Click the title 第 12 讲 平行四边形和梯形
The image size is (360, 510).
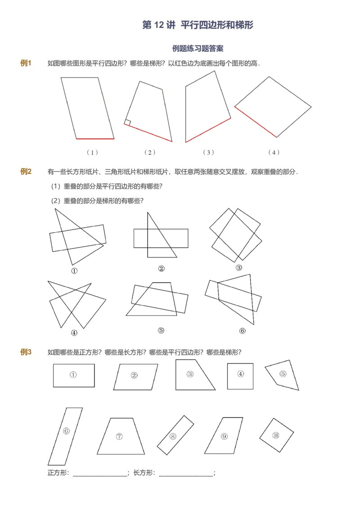pyautogui.click(x=198, y=25)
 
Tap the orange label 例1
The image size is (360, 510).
pyautogui.click(x=26, y=63)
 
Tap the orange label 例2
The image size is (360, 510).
pyautogui.click(x=26, y=172)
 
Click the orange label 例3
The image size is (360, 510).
pyautogui.click(x=26, y=352)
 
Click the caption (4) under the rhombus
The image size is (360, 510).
pyautogui.click(x=274, y=152)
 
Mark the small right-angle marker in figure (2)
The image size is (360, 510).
pyautogui.click(x=128, y=122)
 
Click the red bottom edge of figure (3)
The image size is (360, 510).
pyautogui.click(x=208, y=131)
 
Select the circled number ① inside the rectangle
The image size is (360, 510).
pyautogui.click(x=73, y=375)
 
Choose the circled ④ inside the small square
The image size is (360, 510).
pyautogui.click(x=241, y=374)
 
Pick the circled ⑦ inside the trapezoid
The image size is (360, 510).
pyautogui.click(x=119, y=436)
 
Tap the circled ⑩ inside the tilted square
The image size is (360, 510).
pyautogui.click(x=276, y=435)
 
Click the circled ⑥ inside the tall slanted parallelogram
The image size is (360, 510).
pyautogui.click(x=66, y=431)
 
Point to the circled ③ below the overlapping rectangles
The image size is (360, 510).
pyautogui.click(x=239, y=267)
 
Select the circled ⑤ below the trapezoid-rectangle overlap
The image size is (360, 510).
pyautogui.click(x=161, y=330)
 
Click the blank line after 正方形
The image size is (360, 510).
pyautogui.click(x=100, y=473)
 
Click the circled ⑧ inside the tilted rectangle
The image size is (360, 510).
pyautogui.click(x=173, y=436)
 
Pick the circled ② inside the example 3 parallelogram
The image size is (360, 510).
pyautogui.click(x=134, y=375)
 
